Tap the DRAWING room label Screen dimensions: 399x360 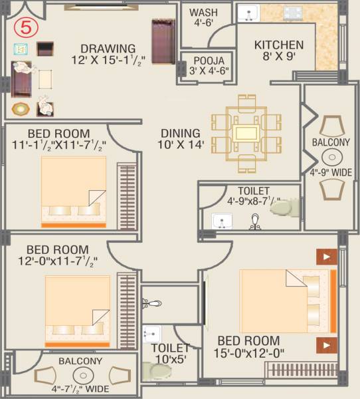(108, 49)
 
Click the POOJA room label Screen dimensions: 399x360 (199, 60)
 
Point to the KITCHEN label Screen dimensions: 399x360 (279, 45)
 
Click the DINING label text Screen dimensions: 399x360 (180, 132)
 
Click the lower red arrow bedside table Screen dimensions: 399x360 (325, 344)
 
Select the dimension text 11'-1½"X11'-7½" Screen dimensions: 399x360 (58, 143)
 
